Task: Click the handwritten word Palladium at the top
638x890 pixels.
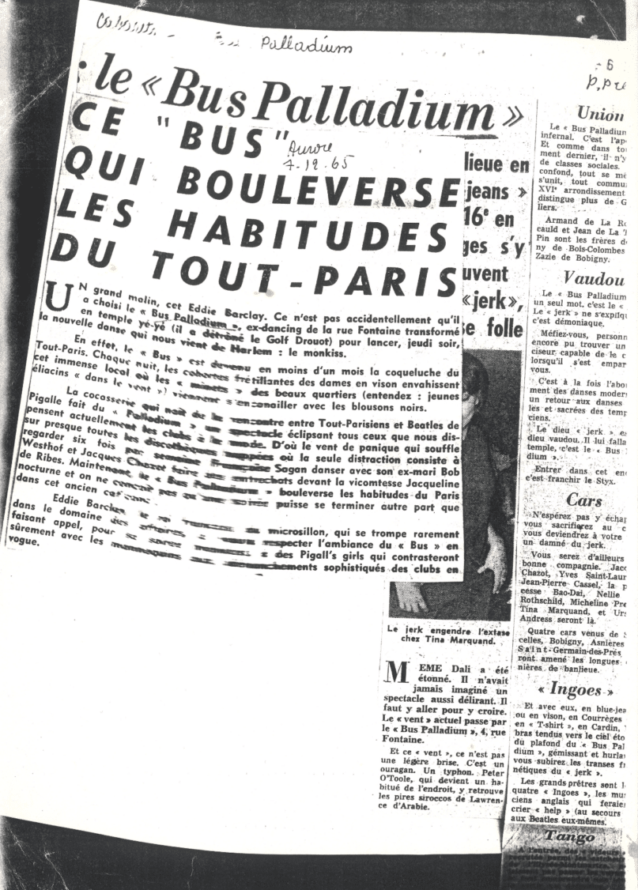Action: point(306,45)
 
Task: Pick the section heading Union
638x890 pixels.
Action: point(600,113)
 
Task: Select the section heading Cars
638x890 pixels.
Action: point(584,500)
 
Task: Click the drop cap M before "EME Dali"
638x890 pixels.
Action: point(395,671)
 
